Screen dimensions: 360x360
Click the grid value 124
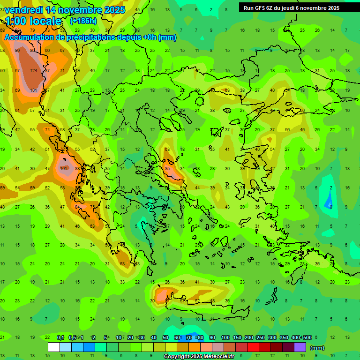click(33, 71)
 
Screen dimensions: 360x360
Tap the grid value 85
click(167, 169)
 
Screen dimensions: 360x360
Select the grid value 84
click(78, 207)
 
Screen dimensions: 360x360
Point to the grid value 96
click(18, 51)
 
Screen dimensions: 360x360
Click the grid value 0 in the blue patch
click(331, 207)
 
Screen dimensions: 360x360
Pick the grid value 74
click(47, 130)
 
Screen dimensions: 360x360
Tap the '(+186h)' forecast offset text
click(83, 21)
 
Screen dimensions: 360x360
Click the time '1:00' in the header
click(17, 21)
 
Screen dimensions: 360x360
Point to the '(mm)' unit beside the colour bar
click(317, 348)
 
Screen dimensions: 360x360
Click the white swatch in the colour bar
click(54, 347)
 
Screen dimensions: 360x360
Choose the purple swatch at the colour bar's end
click(300, 347)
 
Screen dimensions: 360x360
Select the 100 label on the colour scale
click(225, 337)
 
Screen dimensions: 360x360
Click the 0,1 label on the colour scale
click(60, 337)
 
